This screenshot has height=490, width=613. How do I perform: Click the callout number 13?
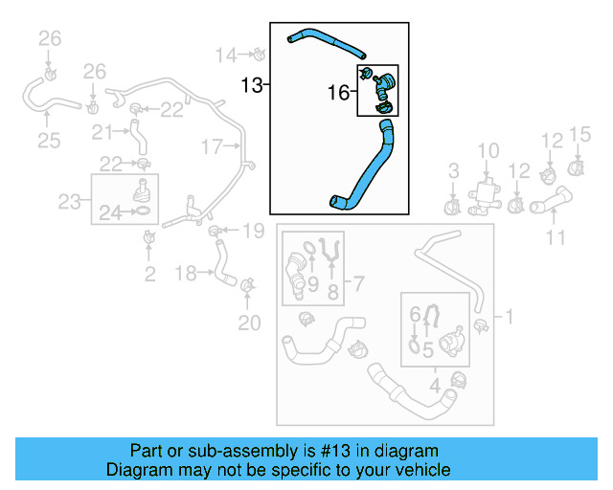[251, 86]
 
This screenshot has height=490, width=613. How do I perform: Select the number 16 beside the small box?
[338, 93]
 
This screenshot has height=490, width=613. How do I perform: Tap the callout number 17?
[211, 146]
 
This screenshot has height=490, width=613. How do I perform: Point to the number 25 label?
[48, 142]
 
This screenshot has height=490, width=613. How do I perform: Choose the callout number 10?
[488, 150]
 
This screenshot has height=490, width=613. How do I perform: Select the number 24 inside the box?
[110, 214]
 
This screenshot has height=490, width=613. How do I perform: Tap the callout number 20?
[249, 323]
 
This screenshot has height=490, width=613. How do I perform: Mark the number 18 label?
[186, 274]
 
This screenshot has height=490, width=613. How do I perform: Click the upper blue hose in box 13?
[326, 41]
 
